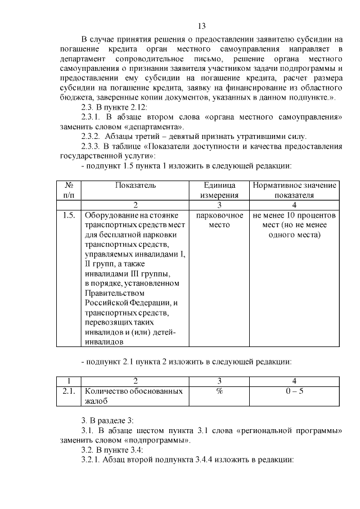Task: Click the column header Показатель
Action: point(136,185)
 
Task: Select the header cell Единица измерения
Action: point(220,190)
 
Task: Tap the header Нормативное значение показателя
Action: point(294,190)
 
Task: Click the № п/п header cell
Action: point(70,190)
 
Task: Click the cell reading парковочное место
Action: point(220,220)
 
